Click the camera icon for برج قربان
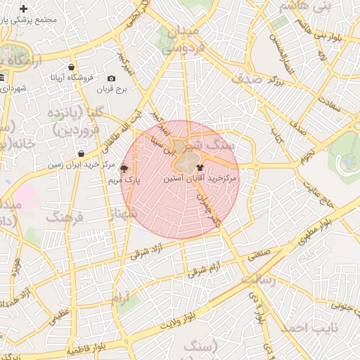111,79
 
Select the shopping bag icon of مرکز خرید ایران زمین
82,153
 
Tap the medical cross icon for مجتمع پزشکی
24,9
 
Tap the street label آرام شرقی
205,269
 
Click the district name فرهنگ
65,218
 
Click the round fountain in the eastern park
348,162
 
